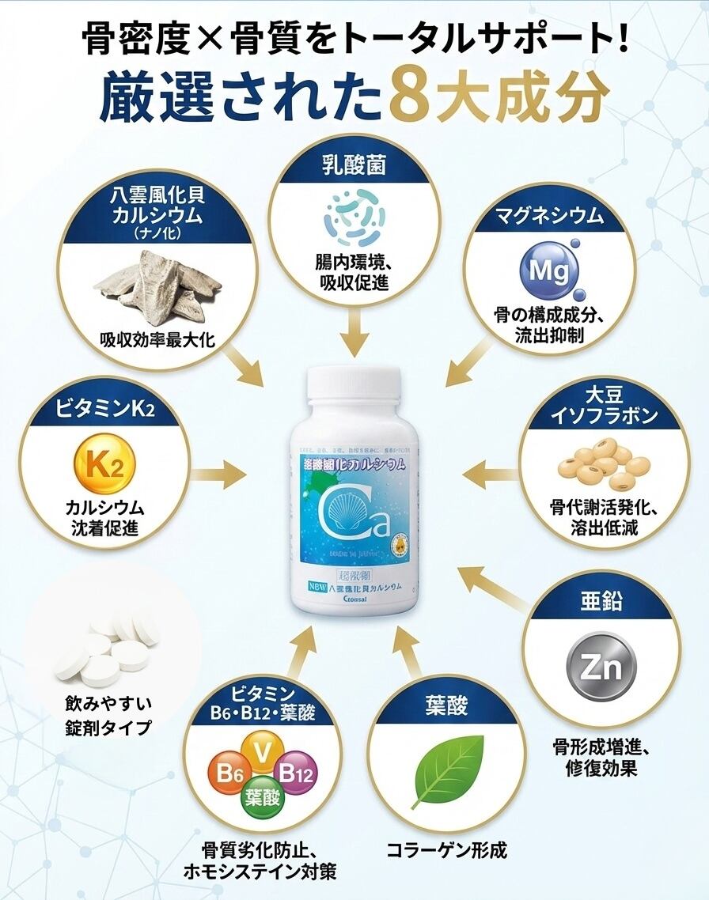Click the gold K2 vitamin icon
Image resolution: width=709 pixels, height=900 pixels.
104,466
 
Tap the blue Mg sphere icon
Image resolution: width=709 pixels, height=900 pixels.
549,271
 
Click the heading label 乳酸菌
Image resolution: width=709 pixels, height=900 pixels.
354,167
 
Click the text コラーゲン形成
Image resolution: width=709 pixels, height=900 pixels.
446,850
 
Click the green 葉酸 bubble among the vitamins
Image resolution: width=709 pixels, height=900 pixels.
262,796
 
